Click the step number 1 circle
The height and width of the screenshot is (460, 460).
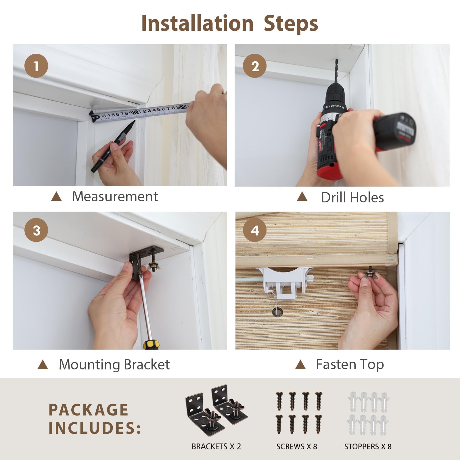(36, 66)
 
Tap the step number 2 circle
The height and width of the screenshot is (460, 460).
(255, 66)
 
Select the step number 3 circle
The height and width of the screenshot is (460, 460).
(36, 230)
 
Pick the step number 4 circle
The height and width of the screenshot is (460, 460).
(255, 230)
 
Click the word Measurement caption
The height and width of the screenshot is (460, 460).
(115, 196)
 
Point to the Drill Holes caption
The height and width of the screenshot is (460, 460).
(352, 198)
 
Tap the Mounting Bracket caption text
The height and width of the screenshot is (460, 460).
(114, 365)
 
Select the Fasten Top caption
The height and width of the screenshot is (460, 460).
(350, 365)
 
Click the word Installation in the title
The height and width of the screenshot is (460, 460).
(198, 23)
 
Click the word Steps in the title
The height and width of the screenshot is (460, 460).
(291, 24)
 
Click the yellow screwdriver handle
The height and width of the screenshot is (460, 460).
(151, 344)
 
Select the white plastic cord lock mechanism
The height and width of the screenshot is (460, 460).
(284, 281)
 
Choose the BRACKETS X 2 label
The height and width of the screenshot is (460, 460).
(216, 446)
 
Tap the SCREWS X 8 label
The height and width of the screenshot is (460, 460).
(297, 446)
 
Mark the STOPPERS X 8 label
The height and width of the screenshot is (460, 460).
(368, 446)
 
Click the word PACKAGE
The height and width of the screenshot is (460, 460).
(88, 410)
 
